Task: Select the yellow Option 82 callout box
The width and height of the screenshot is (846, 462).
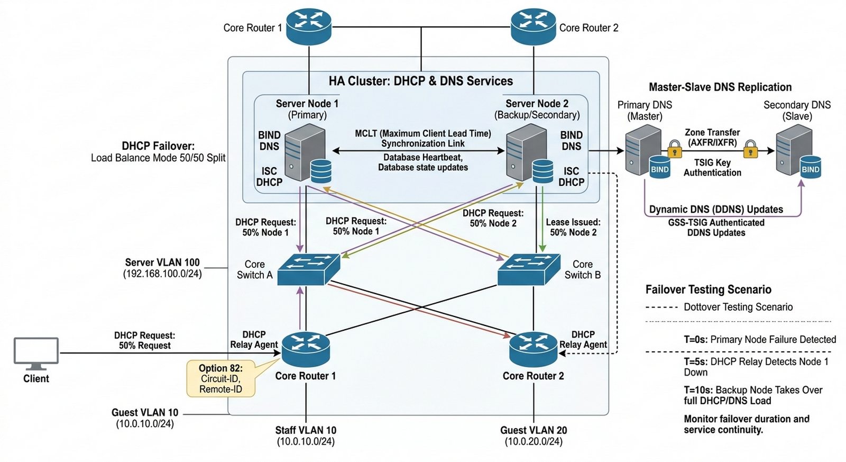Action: click(x=221, y=378)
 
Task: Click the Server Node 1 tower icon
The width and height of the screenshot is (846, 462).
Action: click(x=305, y=154)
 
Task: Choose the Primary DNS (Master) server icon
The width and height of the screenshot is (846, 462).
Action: click(x=643, y=153)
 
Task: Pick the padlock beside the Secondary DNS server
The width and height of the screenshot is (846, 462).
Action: click(x=750, y=149)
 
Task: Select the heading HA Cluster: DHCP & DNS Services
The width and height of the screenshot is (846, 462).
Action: click(x=421, y=81)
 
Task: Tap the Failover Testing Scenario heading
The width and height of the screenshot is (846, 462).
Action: click(x=708, y=289)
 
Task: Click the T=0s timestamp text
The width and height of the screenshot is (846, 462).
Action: click(x=695, y=340)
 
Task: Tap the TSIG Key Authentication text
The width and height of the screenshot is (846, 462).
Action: click(x=712, y=168)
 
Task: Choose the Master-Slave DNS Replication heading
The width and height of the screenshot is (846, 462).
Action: click(x=720, y=87)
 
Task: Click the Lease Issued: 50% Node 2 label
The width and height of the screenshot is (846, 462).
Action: click(x=573, y=227)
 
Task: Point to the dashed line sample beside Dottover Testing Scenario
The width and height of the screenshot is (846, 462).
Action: click(x=661, y=307)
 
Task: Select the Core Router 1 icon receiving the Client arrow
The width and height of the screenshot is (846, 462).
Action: click(x=306, y=350)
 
